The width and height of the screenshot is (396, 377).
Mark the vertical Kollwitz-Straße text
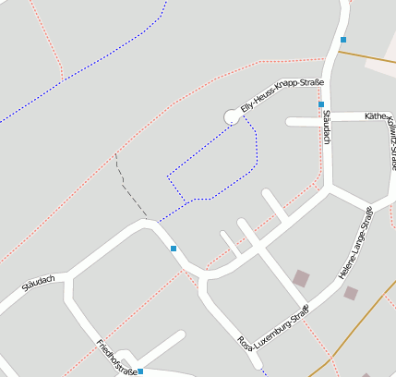(390, 144)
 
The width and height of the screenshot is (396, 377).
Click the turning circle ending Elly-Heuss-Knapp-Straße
(232, 116)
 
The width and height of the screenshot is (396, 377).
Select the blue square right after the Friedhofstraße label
(140, 371)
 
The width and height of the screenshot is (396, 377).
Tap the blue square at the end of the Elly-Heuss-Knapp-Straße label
(321, 104)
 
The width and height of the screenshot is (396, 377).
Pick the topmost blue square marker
(343, 40)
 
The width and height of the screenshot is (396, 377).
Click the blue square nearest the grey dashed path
(174, 249)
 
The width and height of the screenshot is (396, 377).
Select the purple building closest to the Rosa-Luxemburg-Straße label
(301, 277)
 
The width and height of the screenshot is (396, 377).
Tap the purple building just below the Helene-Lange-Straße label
(351, 293)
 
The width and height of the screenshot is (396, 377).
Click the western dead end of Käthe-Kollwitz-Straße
(289, 121)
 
